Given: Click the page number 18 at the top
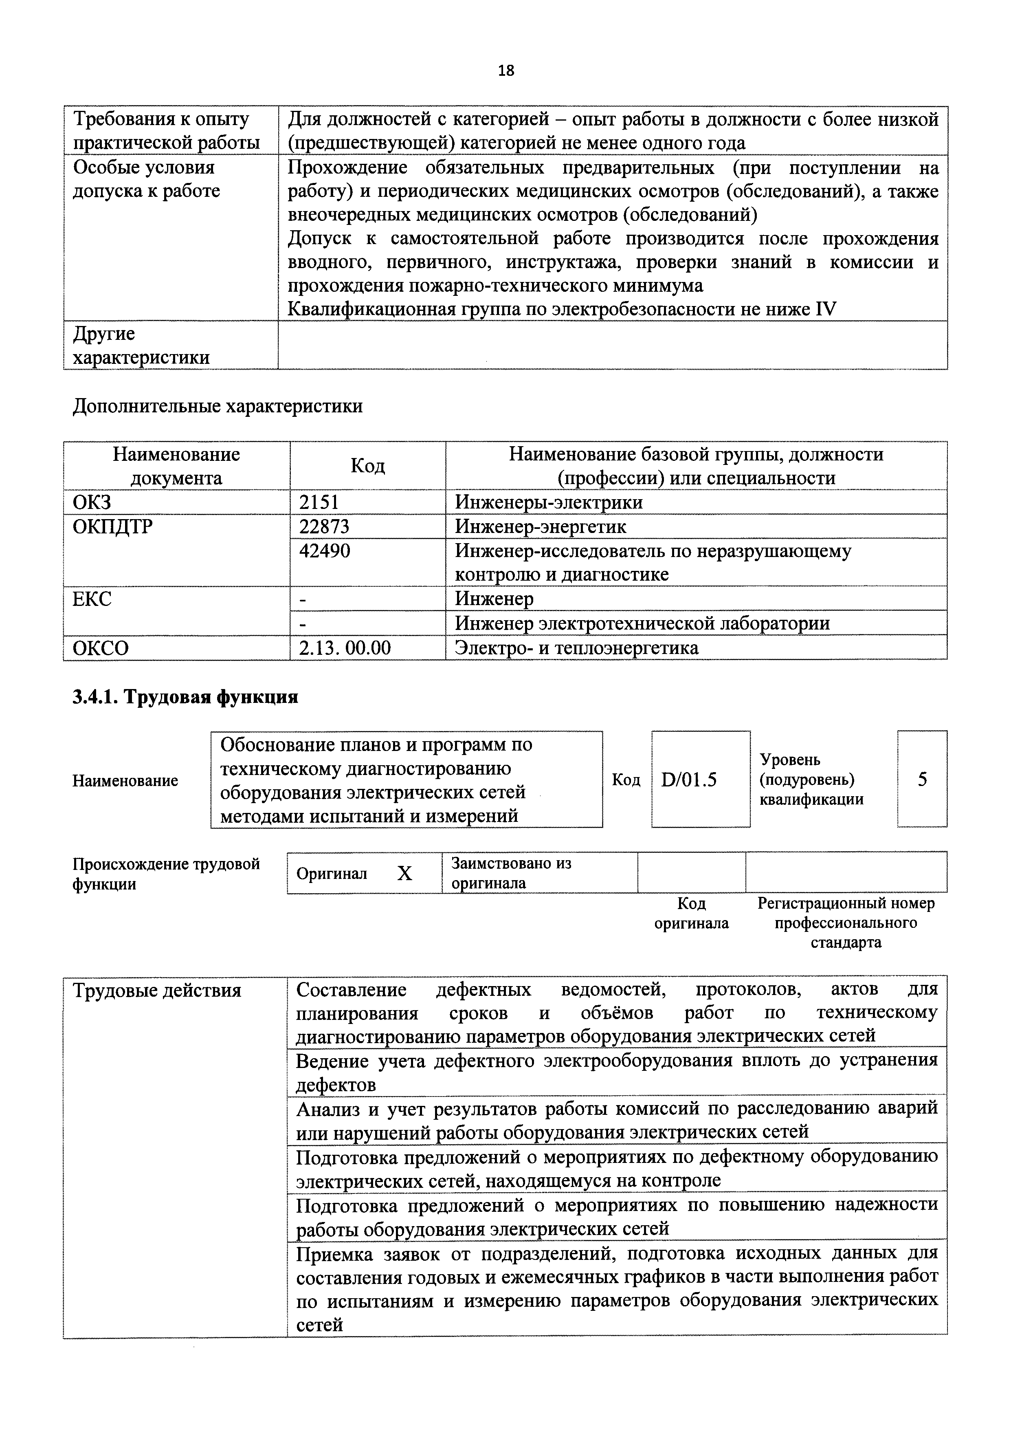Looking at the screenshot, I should (x=506, y=71).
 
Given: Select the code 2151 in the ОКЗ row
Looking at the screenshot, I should (x=319, y=502).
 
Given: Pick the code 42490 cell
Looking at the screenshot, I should (x=324, y=551).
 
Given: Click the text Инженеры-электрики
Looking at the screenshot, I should (x=548, y=502).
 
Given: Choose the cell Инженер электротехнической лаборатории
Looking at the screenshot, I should (x=642, y=624).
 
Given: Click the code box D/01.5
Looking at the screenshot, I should (x=689, y=779).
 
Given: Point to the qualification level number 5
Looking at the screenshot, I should (x=922, y=779).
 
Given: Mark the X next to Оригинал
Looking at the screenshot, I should (x=404, y=874).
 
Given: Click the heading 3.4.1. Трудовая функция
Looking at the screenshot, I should (x=185, y=697).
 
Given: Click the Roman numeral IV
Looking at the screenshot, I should (x=826, y=309).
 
